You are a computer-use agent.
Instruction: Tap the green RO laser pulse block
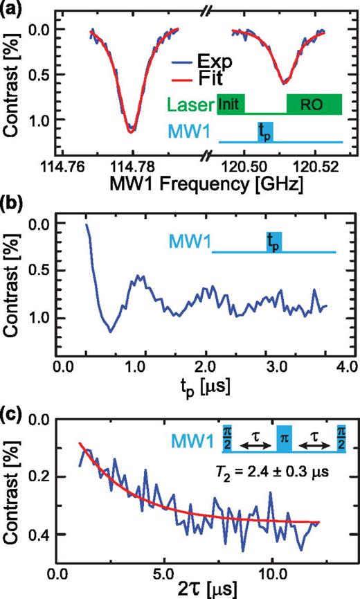point(314,103)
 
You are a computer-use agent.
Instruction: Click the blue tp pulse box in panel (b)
point(275,241)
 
